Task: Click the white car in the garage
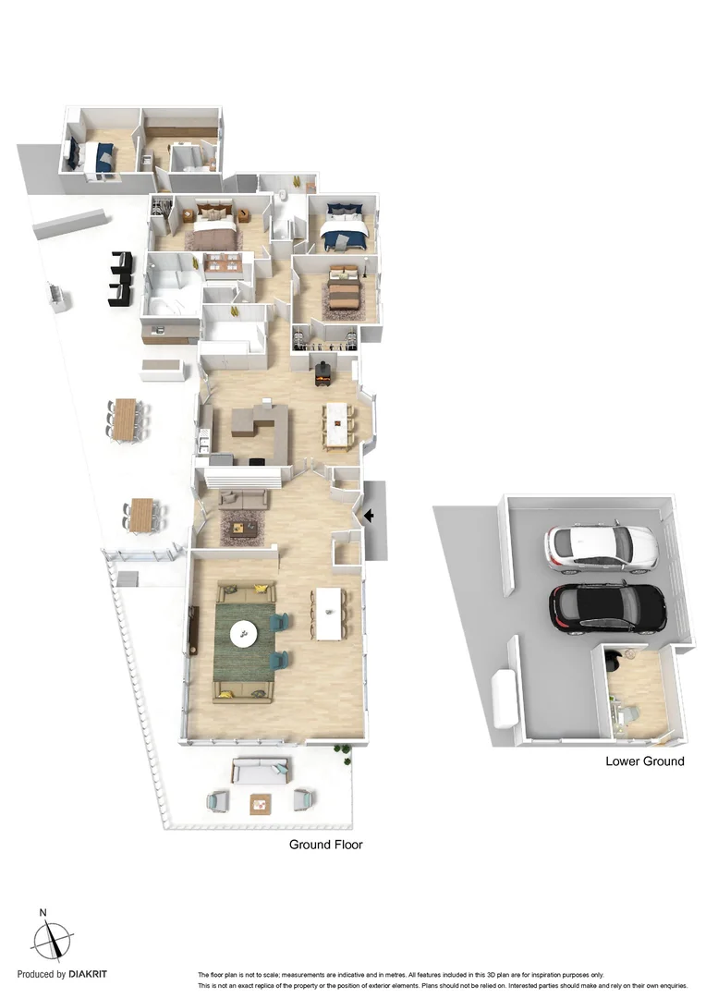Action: (601, 547)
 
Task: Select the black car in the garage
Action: (607, 607)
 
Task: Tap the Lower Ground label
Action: (644, 761)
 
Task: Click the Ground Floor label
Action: (325, 845)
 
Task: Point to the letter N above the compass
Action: (43, 913)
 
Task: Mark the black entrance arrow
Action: (370, 517)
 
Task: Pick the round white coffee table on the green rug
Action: (244, 633)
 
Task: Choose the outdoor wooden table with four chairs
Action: (140, 515)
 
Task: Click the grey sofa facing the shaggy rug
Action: (243, 500)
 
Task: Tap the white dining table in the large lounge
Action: (330, 613)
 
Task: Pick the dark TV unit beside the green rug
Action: (193, 630)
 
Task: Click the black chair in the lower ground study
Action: (613, 661)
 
